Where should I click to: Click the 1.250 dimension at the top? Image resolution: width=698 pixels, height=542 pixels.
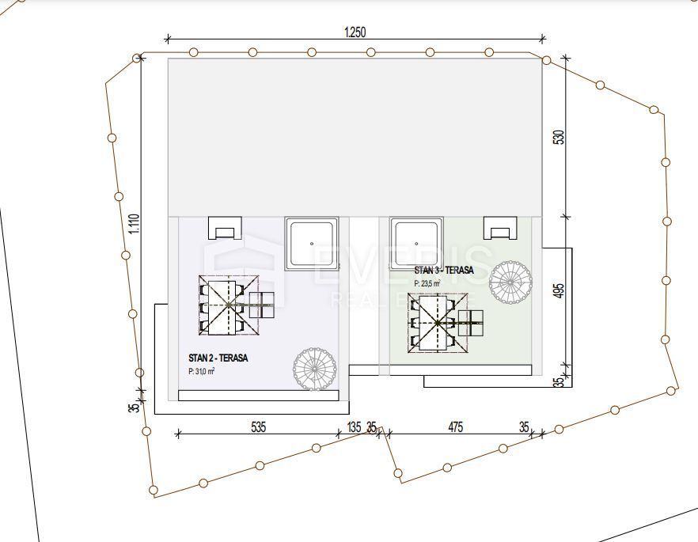[x=355, y=32]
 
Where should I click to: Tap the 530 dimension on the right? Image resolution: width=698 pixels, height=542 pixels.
[x=559, y=137]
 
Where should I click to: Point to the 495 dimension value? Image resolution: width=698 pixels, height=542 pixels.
[x=559, y=290]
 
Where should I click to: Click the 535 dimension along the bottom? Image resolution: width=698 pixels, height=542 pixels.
[x=258, y=427]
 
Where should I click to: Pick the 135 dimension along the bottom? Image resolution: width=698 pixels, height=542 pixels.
[x=354, y=427]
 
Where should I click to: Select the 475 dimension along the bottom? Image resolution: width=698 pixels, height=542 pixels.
[x=455, y=427]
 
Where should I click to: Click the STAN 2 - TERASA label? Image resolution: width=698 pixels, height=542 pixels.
[x=218, y=358]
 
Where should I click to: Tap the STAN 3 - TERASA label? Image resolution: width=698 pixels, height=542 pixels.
[x=443, y=271]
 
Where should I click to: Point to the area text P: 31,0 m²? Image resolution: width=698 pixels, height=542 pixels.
[x=202, y=371]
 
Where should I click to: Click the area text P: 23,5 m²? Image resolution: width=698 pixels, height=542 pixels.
[x=427, y=282]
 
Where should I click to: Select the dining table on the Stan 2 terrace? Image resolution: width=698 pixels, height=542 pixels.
[x=229, y=305]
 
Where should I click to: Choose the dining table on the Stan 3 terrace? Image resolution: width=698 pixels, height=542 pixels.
[x=435, y=323]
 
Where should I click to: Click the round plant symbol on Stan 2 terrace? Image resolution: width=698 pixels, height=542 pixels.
[x=314, y=369]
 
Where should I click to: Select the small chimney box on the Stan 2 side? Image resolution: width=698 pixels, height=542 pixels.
[x=225, y=228]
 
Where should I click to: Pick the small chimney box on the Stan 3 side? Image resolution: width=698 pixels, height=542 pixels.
[x=501, y=229]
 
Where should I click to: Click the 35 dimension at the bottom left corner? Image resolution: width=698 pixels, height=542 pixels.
[x=135, y=407]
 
